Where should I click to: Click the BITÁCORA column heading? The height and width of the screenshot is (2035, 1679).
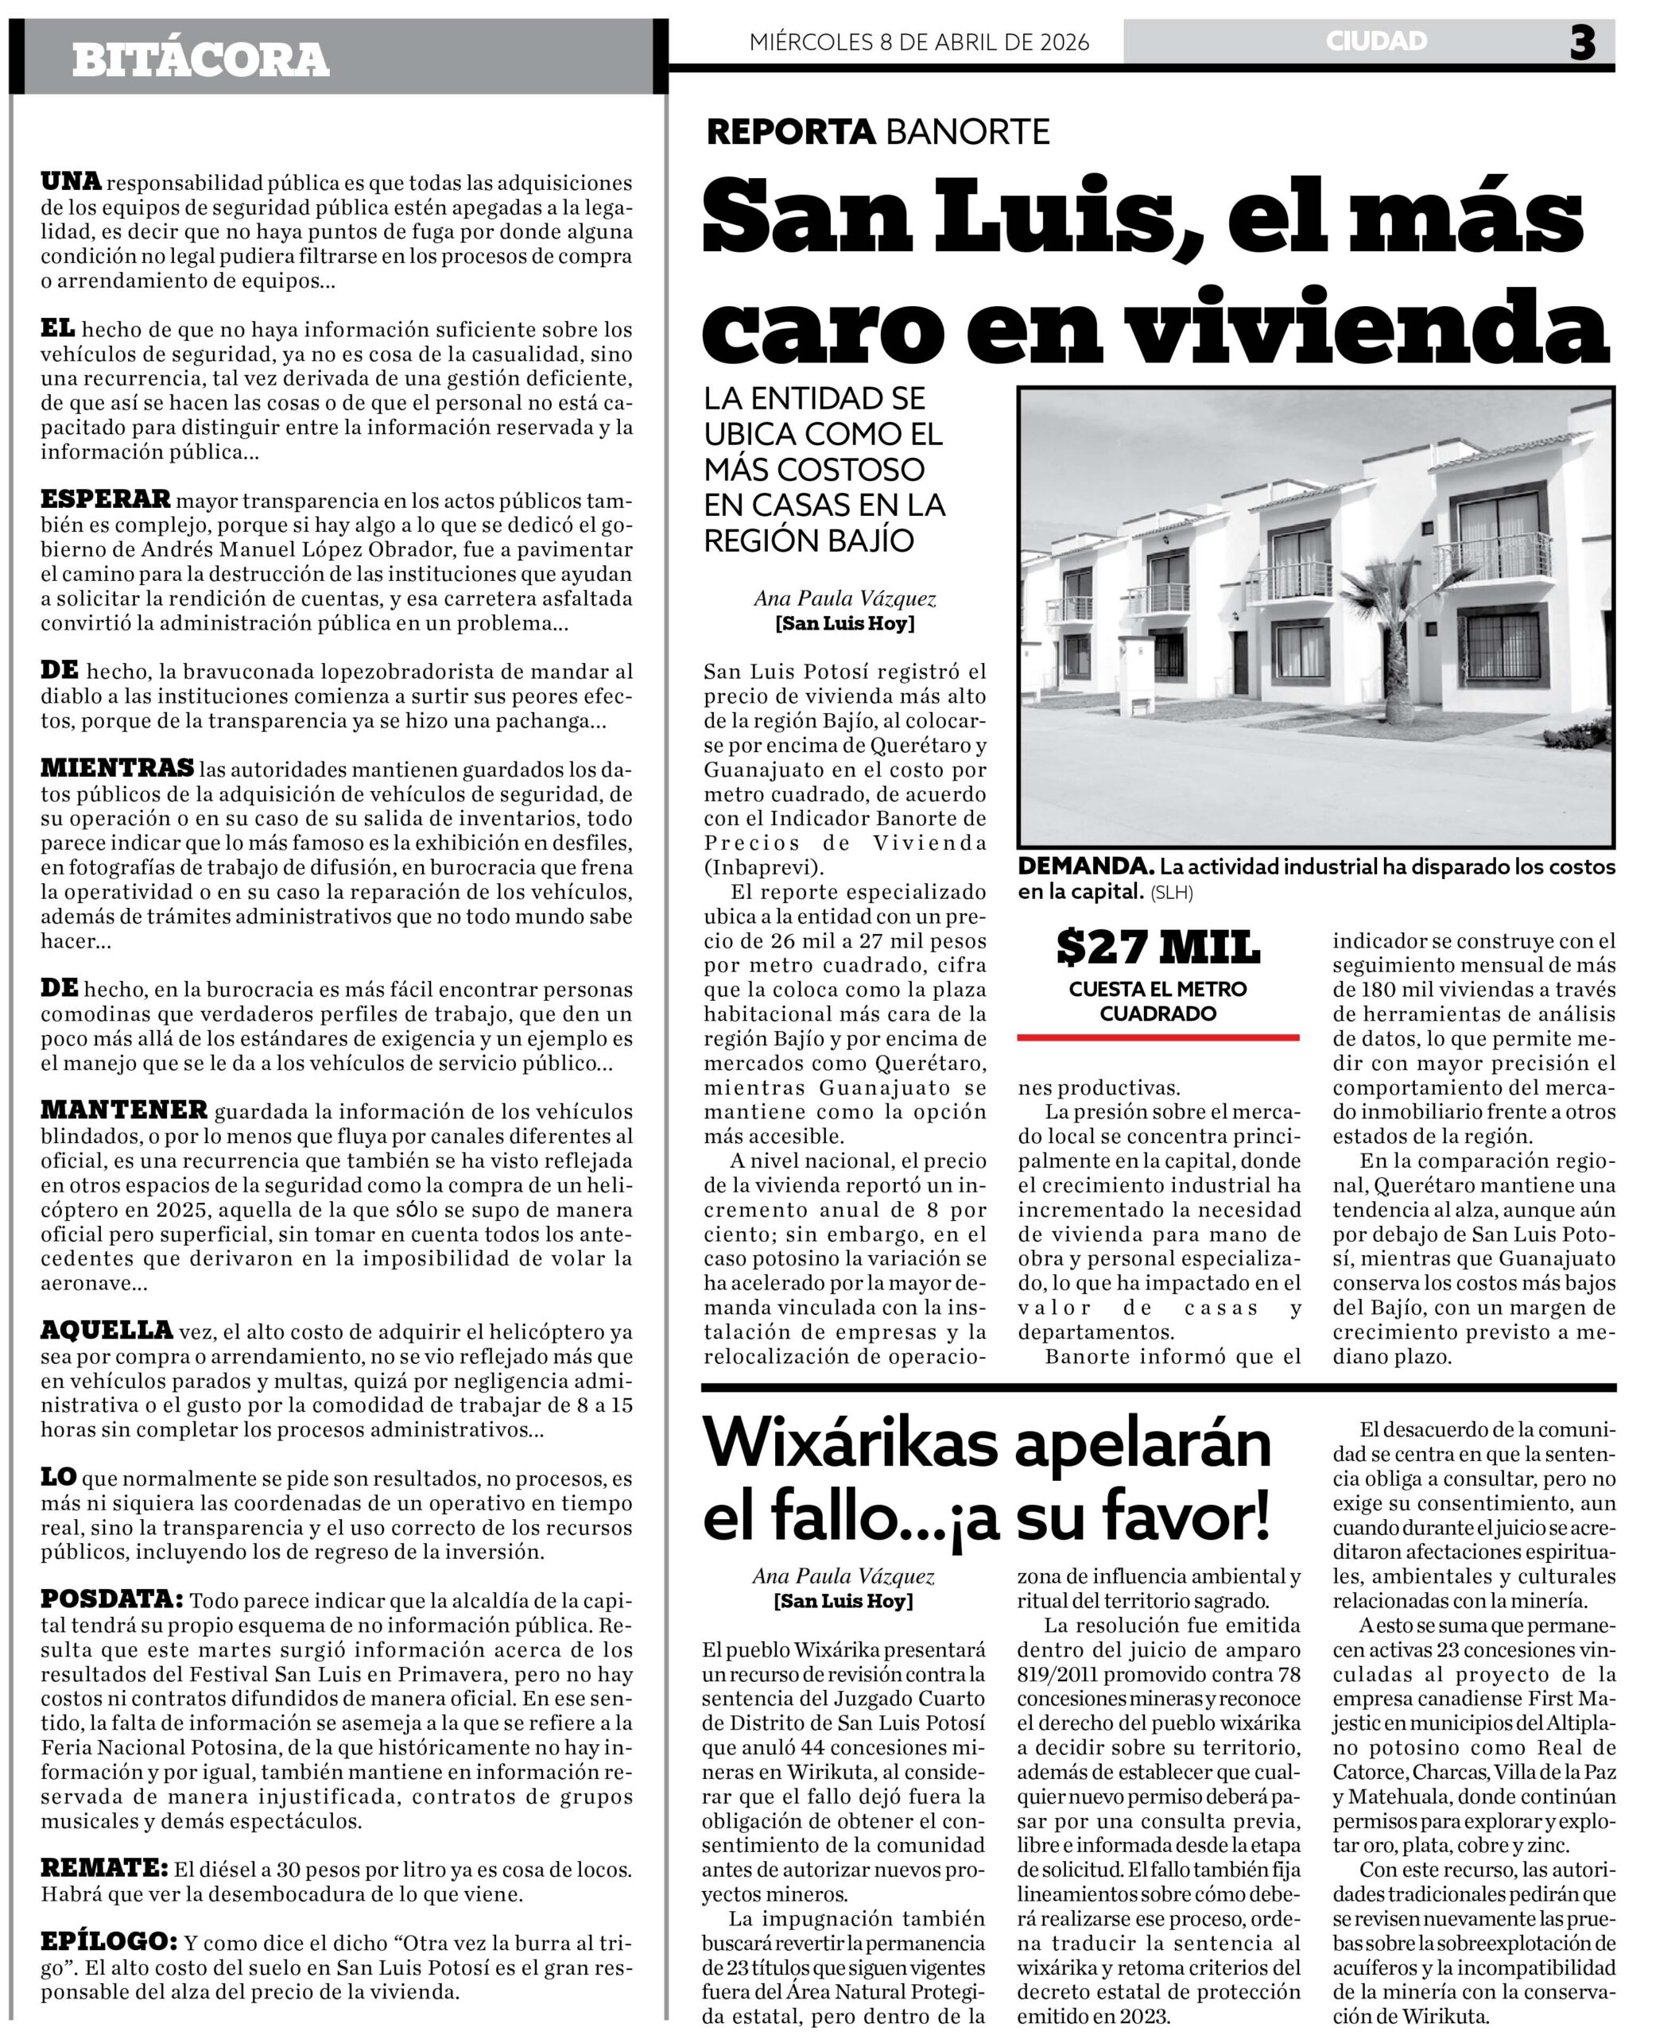click(200, 60)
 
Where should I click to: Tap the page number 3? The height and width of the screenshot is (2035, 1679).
click(1582, 43)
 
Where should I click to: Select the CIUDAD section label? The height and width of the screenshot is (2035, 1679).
click(1376, 41)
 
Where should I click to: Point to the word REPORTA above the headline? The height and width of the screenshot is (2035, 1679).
click(791, 131)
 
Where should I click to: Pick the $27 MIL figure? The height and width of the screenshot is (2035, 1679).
click(1157, 947)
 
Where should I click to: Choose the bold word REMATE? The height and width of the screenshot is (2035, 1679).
click(103, 1868)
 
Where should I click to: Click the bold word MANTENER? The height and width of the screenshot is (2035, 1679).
click(124, 1110)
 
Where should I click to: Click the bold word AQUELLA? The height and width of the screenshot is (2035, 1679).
click(107, 1330)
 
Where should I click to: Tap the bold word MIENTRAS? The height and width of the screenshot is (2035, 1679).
click(117, 768)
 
